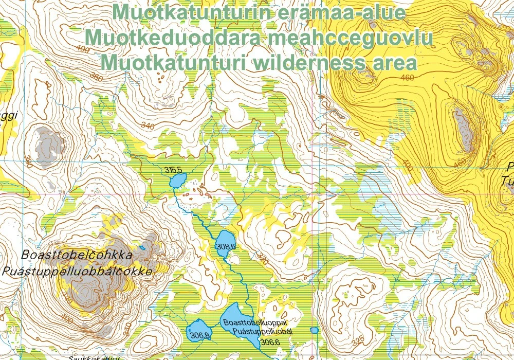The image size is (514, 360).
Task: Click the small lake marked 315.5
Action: point(178,181)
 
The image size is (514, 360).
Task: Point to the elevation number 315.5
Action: point(174,170)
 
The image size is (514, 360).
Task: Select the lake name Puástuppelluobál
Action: point(262,332)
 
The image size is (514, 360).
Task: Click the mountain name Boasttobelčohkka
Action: point(77,255)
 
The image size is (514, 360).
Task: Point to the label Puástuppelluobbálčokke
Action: point(77,272)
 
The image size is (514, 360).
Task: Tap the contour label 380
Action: point(28,164)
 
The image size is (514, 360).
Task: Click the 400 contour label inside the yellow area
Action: point(408,165)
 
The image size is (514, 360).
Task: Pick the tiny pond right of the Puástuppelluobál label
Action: point(315,330)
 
